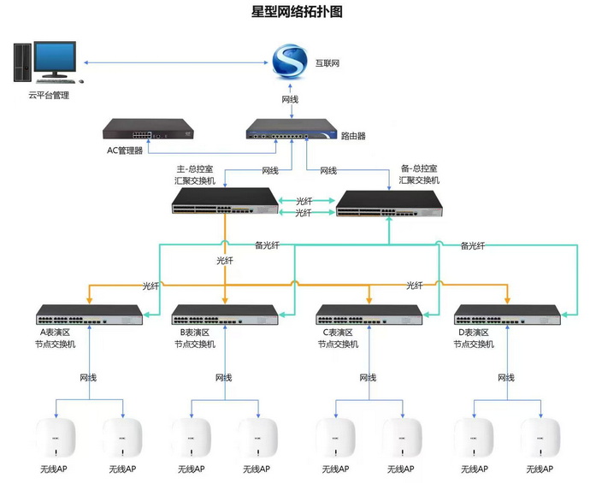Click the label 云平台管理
pos(49,96)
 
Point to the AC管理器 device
pos(148,130)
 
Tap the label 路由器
pos(354,136)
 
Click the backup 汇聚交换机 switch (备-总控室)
pos(390,202)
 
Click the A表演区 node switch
pos(90,315)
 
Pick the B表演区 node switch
pos(225,315)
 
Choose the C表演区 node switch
pos(369,315)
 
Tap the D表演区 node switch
pos(506,315)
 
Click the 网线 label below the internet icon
pos(290,100)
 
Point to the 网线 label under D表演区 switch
pos(506,377)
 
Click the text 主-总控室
pos(194,168)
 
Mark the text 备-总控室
pos(419,168)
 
